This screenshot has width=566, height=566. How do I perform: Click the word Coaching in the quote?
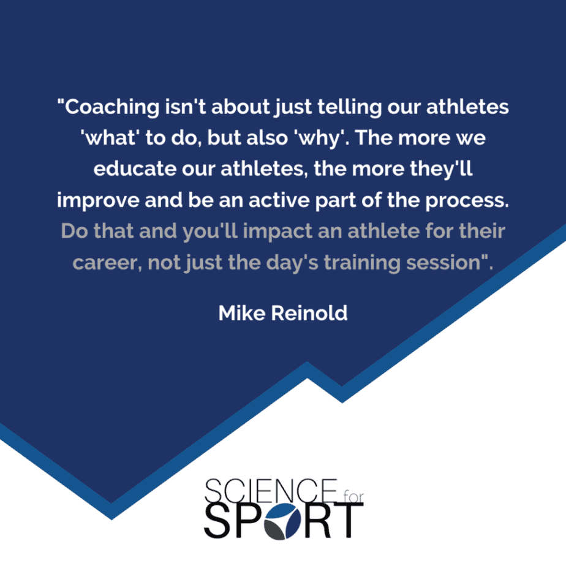coord(112,108)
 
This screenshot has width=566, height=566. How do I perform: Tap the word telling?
coord(349,108)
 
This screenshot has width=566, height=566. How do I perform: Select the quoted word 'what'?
coord(108,138)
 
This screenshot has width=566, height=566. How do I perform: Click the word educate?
coord(135,168)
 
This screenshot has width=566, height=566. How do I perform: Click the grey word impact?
coord(277,232)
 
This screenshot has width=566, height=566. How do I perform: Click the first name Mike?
coord(242,313)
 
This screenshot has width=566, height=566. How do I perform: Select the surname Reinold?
coord(309,313)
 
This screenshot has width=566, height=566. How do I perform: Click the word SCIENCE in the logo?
coord(271,490)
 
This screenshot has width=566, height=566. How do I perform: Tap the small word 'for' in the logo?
coord(353,497)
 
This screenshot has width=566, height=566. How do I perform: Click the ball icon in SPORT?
coord(282,521)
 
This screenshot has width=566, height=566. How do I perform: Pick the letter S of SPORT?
coord(217,521)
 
